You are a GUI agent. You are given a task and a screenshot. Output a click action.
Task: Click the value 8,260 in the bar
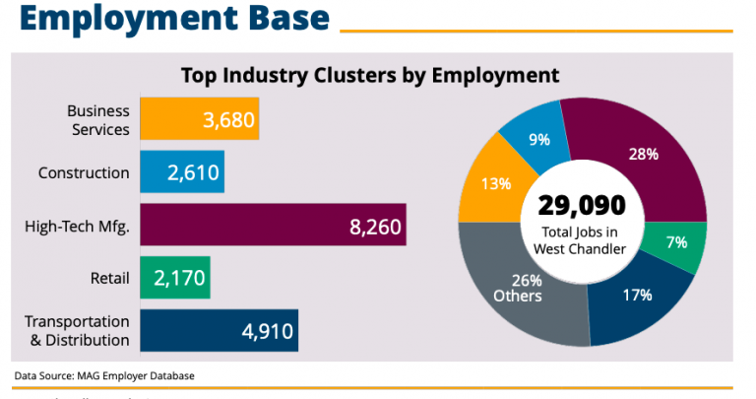[x=375, y=227]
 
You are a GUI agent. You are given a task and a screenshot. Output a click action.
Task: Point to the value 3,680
[x=228, y=120]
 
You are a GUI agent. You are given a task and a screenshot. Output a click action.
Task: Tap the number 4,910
[x=267, y=332]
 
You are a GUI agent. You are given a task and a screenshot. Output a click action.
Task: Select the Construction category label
[x=84, y=173]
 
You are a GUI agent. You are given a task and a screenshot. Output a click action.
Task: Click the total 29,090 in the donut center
[x=581, y=205]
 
